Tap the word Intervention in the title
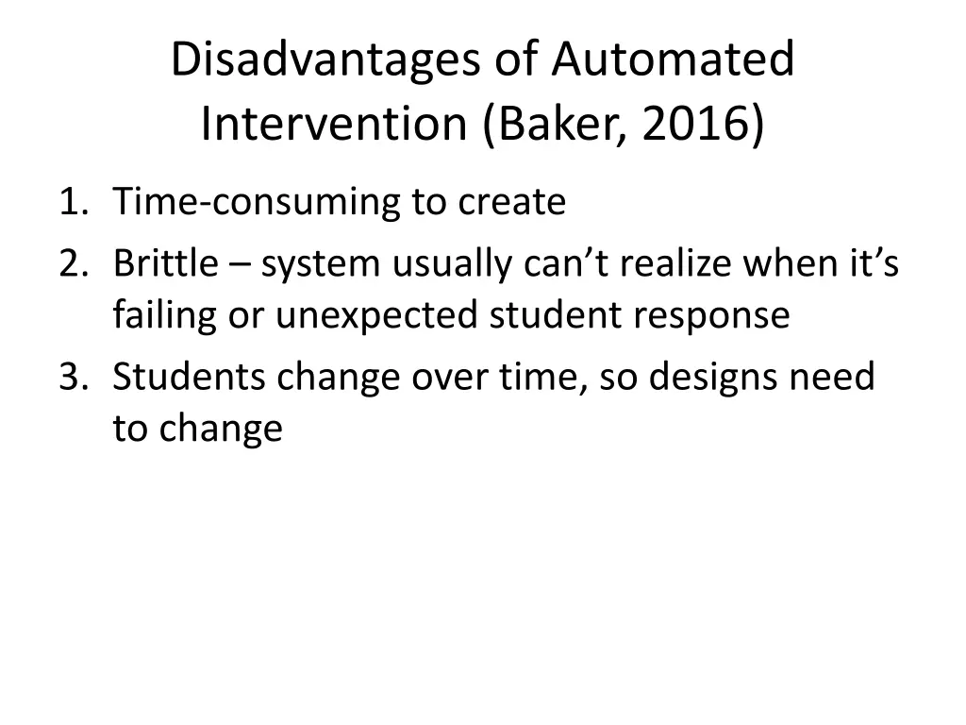click(335, 125)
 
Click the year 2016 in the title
click(693, 125)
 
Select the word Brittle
click(165, 265)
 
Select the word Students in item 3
click(190, 378)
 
